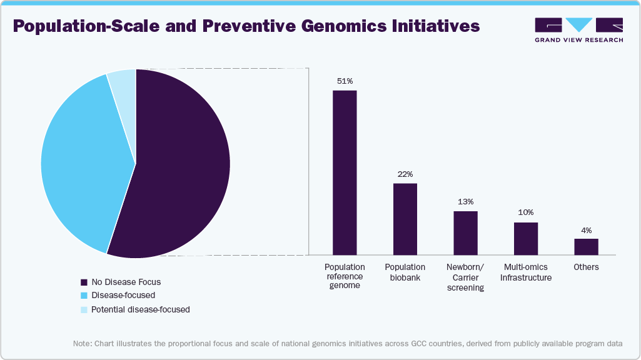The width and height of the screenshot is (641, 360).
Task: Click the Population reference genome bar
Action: coord(345,172)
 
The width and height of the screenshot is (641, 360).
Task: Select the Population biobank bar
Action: coord(405,219)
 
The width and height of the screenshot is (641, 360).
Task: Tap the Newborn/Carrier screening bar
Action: coord(465,232)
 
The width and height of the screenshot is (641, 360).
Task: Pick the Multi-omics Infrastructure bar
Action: coord(526,238)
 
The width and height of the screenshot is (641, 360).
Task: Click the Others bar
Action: coord(586,246)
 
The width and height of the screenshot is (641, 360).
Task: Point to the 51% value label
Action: coord(345,81)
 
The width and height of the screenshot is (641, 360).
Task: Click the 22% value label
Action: coord(405,174)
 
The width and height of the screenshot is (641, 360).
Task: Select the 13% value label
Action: coord(465,202)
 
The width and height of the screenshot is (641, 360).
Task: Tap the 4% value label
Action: coord(586,230)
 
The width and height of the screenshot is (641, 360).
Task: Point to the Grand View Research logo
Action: coord(578,29)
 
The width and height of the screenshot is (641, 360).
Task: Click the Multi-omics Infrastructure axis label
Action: coord(526,272)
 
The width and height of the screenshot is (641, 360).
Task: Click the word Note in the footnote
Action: coord(81,344)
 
